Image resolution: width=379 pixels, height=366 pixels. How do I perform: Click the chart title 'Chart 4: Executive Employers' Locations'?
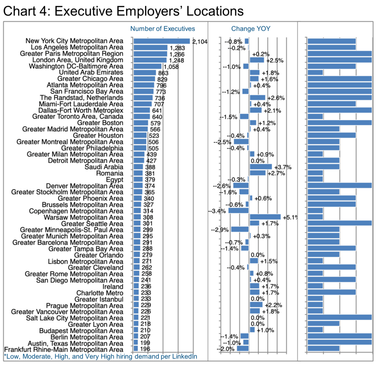click(123, 11)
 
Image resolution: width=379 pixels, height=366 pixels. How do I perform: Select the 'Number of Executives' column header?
click(163, 29)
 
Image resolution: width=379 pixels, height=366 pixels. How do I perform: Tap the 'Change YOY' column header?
click(251, 29)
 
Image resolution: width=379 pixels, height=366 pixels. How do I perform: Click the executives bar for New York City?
click(162, 41)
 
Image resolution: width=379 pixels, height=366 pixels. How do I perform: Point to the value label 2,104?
click(200, 42)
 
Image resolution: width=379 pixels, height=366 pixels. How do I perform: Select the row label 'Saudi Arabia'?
click(104, 167)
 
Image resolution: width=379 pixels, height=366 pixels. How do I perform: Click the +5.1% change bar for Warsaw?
click(265, 217)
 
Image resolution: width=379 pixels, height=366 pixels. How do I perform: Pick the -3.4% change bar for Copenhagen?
click(239, 211)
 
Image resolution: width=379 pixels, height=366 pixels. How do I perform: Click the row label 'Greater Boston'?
click(100, 123)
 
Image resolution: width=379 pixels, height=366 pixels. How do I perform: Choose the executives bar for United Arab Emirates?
click(145, 73)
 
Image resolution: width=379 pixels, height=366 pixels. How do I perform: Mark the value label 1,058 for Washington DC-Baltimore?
click(171, 67)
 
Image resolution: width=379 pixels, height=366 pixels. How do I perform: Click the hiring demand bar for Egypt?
click(315, 179)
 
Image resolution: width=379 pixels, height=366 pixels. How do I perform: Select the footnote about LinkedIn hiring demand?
click(101, 357)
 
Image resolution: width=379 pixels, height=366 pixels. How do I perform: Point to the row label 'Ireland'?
click(113, 287)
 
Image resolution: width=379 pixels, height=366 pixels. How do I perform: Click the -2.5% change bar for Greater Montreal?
click(241, 142)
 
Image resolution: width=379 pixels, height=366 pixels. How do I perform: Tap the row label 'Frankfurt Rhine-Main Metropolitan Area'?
click(64, 350)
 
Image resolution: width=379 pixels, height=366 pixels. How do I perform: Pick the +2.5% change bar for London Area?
click(257, 60)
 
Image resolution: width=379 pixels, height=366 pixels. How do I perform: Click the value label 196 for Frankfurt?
click(145, 349)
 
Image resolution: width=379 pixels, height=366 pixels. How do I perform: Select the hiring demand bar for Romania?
click(315, 173)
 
